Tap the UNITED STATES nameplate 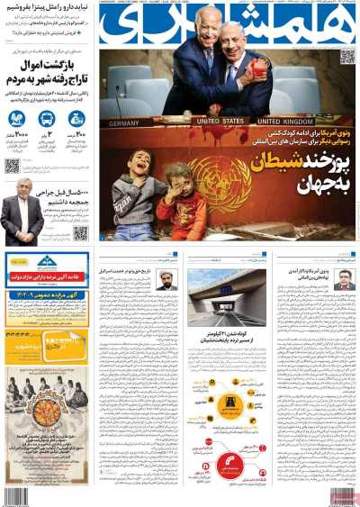click(x=220, y=121)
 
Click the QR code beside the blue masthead click(x=346, y=58)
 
